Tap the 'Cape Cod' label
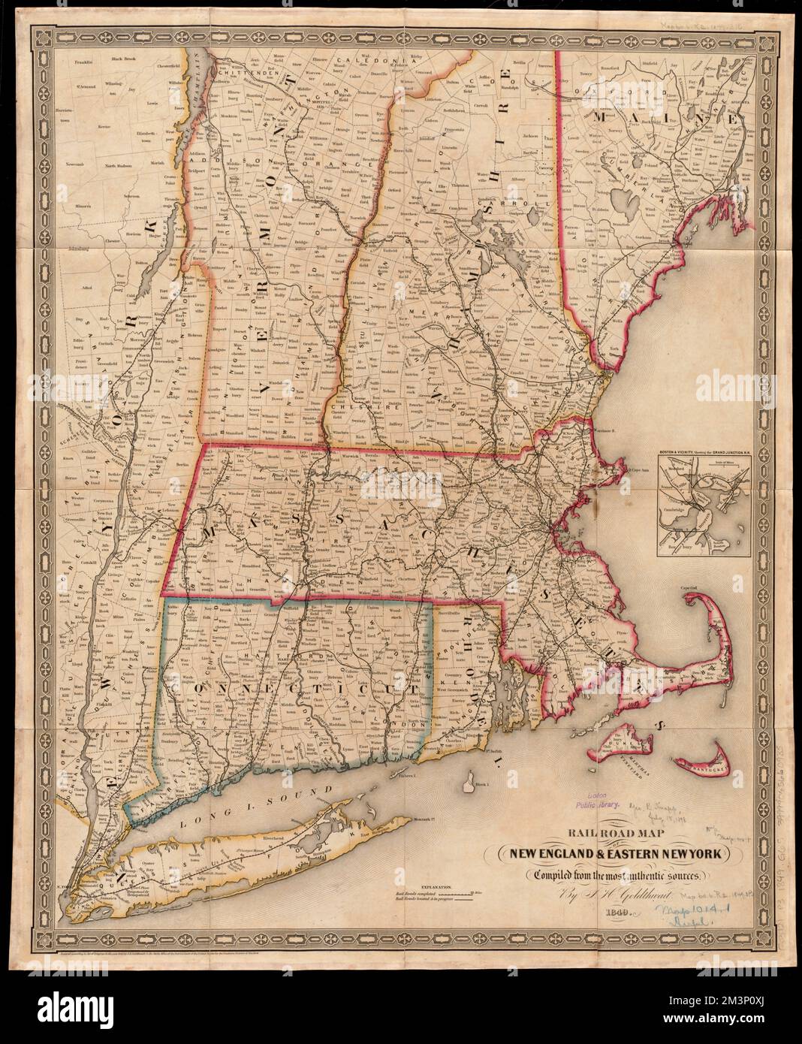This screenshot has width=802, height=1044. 689,588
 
